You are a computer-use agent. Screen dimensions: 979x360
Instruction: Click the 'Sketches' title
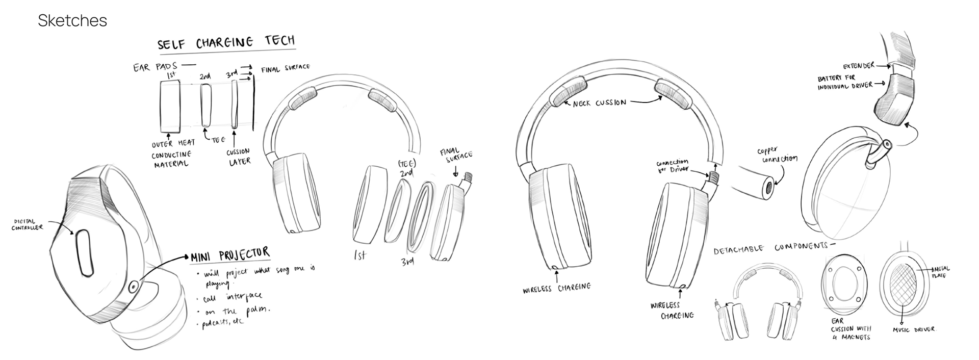click(x=72, y=21)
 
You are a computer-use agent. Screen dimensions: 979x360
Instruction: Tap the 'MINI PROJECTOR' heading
click(x=230, y=254)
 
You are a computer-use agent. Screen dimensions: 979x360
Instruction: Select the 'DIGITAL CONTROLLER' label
click(x=28, y=224)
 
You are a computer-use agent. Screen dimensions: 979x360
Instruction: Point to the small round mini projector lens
click(x=133, y=286)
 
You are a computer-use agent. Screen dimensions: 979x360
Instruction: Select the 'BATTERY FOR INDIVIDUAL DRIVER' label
click(x=844, y=83)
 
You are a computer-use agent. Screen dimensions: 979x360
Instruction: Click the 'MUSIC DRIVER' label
click(x=914, y=330)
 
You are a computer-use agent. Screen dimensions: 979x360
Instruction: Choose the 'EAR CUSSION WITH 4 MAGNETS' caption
click(x=851, y=329)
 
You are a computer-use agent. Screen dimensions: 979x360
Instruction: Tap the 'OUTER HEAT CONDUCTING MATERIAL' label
click(x=172, y=153)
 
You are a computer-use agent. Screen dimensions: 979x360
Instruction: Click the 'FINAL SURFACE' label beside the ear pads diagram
click(x=285, y=68)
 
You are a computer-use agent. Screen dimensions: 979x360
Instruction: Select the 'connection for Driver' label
click(x=672, y=166)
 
